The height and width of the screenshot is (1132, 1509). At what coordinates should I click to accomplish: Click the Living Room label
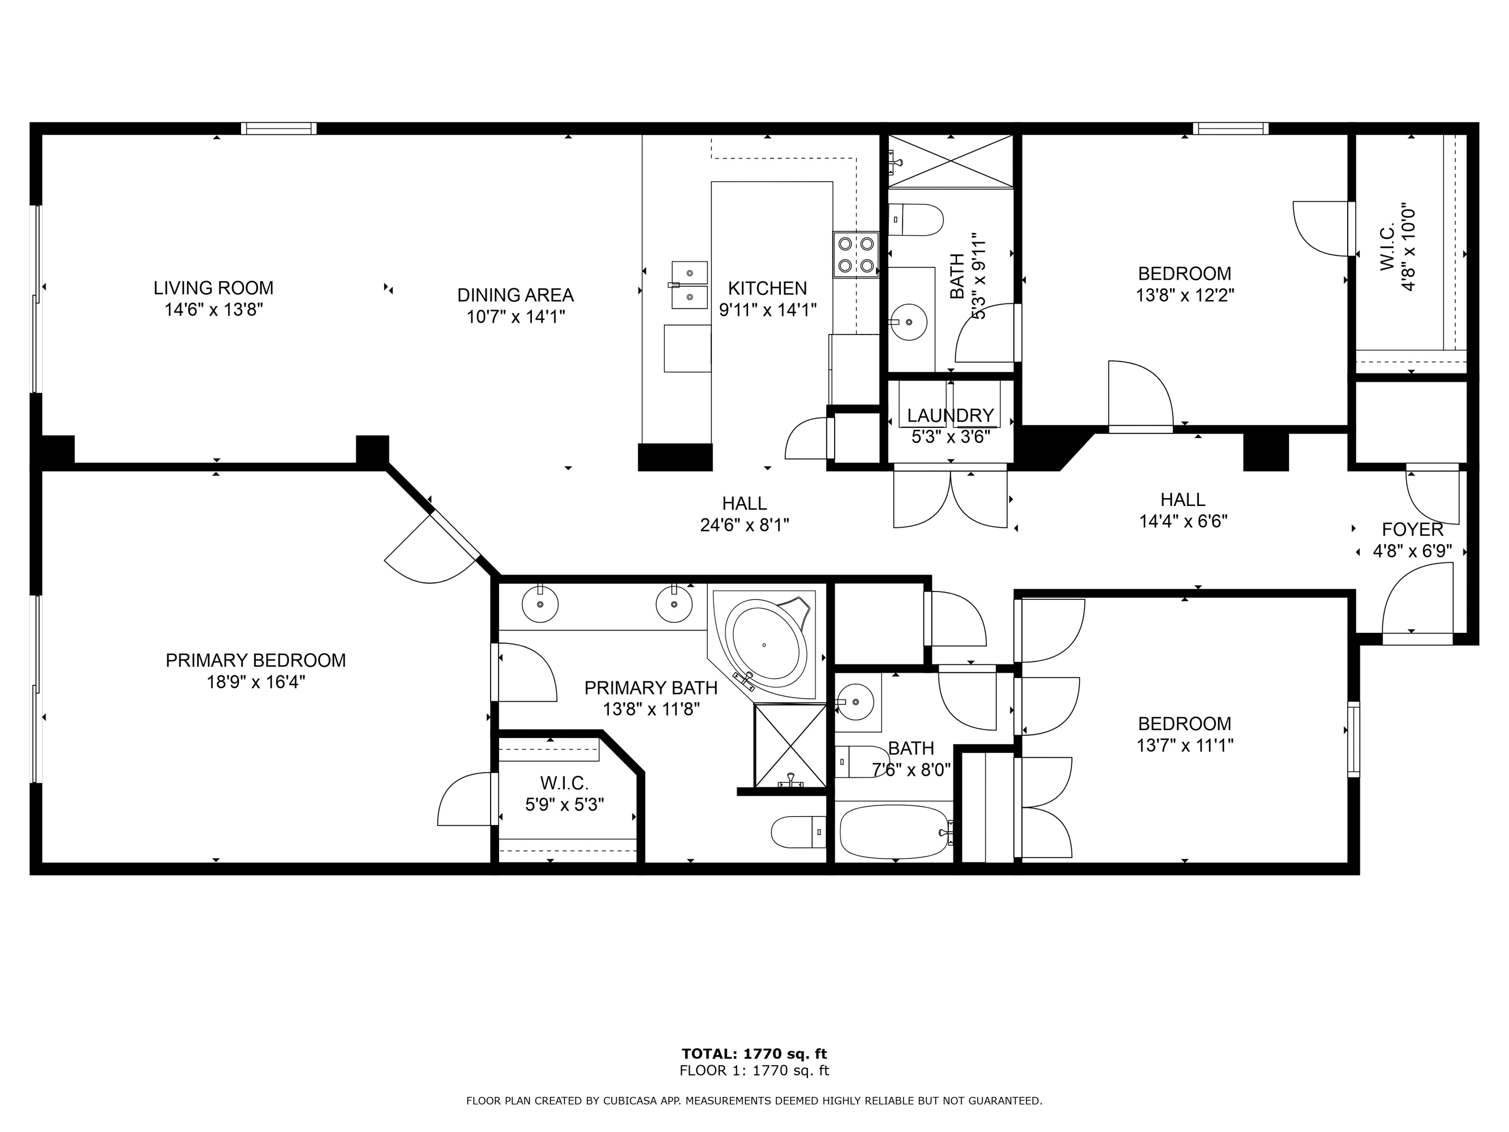(213, 288)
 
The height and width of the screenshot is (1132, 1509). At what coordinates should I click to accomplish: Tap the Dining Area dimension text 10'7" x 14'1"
(516, 318)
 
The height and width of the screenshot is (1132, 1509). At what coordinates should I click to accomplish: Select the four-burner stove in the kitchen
(856, 255)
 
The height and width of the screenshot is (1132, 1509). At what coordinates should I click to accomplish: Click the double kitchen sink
(690, 285)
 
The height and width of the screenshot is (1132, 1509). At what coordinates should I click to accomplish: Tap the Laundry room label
(951, 415)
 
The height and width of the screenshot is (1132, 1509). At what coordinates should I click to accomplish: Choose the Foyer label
(1413, 530)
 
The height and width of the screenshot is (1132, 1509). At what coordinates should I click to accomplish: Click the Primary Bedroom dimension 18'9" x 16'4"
(256, 683)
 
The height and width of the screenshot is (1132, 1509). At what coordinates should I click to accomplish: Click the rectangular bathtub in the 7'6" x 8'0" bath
(895, 833)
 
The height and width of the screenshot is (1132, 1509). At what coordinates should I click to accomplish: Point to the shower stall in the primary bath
(790, 746)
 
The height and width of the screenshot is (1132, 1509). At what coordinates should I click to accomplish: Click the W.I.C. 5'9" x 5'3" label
(564, 783)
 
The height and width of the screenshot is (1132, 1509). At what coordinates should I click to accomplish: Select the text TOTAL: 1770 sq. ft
(755, 1054)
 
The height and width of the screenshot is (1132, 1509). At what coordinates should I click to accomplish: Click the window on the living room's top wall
(278, 128)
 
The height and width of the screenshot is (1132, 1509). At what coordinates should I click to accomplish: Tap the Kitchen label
(767, 289)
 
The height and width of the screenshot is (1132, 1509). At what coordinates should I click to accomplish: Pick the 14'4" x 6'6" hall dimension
(1184, 522)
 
